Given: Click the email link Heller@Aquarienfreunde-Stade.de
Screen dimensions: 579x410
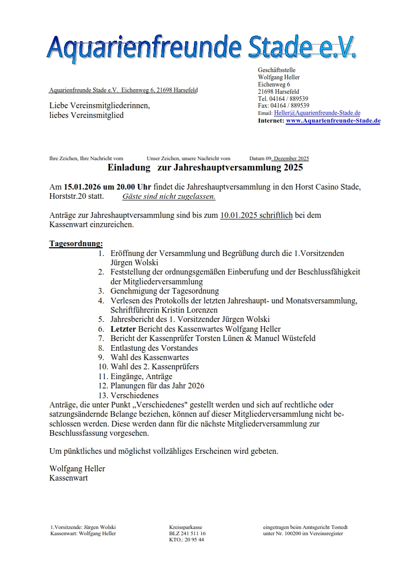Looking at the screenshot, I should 317,113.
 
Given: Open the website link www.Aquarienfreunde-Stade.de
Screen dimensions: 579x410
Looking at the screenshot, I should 333,121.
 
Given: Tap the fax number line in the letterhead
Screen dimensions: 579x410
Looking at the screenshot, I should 283,106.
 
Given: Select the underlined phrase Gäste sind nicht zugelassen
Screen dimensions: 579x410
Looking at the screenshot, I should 169,196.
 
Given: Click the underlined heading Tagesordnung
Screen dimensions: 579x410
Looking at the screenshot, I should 76,243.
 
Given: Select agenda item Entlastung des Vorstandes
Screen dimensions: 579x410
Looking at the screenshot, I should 154,348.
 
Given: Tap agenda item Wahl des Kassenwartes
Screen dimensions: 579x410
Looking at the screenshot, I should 150,357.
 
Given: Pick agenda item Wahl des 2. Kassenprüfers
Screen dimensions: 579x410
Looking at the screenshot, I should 155,367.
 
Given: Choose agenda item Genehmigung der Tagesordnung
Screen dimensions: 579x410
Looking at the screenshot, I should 165,291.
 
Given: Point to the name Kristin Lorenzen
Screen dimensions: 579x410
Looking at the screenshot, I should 188,310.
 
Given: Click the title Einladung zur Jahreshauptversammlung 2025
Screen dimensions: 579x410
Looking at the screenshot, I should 205,168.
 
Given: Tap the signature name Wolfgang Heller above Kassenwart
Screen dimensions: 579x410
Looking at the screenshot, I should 77,468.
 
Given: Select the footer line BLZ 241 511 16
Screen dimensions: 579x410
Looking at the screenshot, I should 187,534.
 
